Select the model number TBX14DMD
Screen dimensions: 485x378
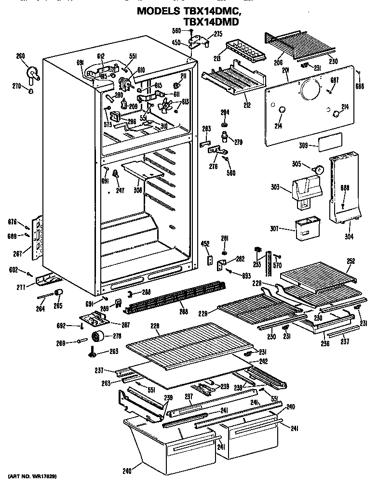(x=211, y=22)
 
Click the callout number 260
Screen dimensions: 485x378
(x=20, y=57)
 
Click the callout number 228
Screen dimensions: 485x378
(x=155, y=326)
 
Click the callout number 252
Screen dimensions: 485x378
(x=351, y=261)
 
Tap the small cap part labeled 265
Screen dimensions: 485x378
(x=59, y=293)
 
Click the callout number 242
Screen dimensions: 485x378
(x=264, y=361)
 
